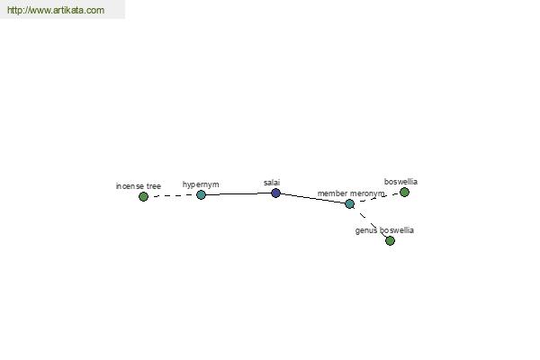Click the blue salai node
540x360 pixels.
click(x=275, y=193)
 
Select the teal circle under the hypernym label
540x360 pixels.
click(x=201, y=195)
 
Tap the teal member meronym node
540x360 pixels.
click(x=349, y=204)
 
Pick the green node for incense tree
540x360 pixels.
click(x=143, y=197)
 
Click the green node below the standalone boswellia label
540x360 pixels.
click(x=404, y=193)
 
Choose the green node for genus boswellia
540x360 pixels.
click(x=390, y=240)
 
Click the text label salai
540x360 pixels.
click(x=272, y=183)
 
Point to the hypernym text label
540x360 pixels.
click(x=201, y=184)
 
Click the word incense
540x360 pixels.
click(x=130, y=186)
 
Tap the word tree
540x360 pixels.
click(x=154, y=186)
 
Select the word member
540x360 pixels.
click(x=332, y=193)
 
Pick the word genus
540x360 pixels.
click(x=366, y=230)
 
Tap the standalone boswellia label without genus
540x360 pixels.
click(x=400, y=182)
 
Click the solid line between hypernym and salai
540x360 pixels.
click(x=238, y=194)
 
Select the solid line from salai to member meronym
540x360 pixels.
click(x=312, y=198)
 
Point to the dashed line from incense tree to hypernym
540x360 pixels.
click(x=172, y=195)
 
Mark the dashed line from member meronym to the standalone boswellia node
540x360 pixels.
click(x=377, y=198)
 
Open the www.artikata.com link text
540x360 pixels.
click(x=56, y=10)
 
